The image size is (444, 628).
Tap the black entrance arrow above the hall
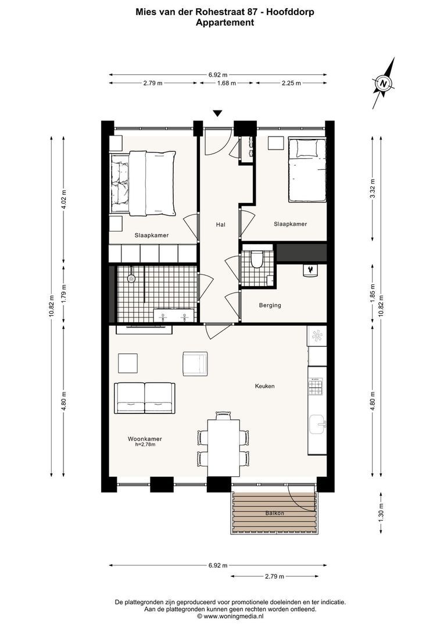tap(217, 114)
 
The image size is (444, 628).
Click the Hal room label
tap(221, 224)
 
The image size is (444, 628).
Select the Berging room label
tap(270, 305)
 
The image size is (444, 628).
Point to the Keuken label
tap(264, 386)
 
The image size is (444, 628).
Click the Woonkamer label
tap(145, 438)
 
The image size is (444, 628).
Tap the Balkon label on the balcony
tap(275, 513)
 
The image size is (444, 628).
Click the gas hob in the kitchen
tap(316, 386)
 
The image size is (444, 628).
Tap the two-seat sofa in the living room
tap(145, 398)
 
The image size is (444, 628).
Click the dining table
tap(223, 448)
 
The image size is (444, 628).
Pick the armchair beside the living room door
tap(195, 363)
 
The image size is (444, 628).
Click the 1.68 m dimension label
tap(226, 83)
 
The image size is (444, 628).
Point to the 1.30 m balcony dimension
tap(381, 513)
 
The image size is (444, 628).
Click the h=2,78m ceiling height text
tap(145, 444)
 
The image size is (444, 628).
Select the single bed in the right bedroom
tap(307, 169)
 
